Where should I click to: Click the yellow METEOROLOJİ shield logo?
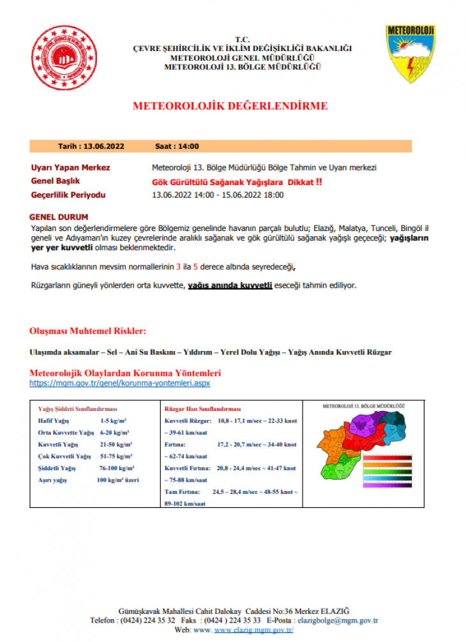click(410, 53)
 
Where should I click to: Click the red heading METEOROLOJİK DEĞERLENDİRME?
click(230, 106)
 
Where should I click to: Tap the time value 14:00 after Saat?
click(189, 146)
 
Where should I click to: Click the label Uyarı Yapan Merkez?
click(70, 168)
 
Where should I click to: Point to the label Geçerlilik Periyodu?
click(68, 195)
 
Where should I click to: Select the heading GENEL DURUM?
click(59, 218)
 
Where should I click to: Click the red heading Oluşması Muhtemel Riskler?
click(88, 331)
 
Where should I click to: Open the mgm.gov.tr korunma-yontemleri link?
click(120, 384)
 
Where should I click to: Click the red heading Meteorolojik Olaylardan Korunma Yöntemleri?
click(125, 373)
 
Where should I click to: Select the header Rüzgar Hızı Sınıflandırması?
click(202, 409)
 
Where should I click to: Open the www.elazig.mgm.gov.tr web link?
click(253, 629)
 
